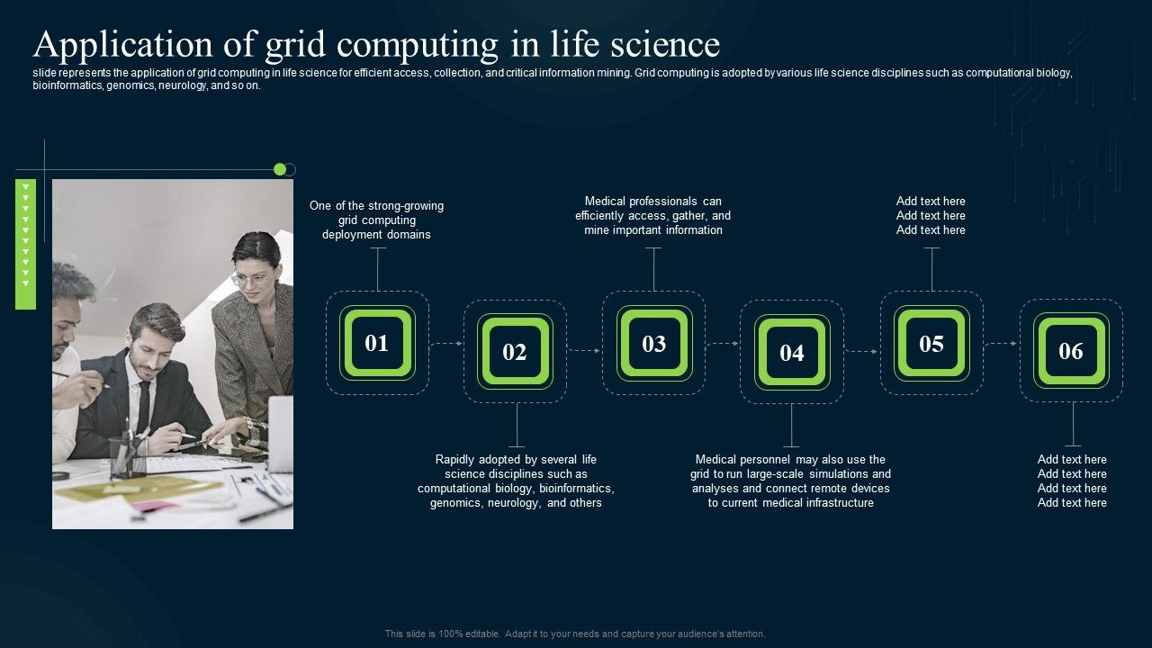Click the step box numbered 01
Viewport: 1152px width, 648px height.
point(377,343)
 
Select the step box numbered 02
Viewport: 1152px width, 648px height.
point(515,352)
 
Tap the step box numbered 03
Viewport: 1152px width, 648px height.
point(653,343)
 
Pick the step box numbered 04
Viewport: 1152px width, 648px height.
point(792,353)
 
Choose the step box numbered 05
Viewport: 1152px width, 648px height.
point(931,343)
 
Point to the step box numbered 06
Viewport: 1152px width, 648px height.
point(1071,351)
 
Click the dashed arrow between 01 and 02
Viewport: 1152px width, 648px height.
point(446,343)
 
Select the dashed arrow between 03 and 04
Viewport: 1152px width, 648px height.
point(723,343)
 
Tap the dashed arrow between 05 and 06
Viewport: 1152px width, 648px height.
point(1001,343)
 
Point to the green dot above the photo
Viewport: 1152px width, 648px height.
point(280,169)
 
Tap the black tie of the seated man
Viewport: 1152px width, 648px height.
point(143,405)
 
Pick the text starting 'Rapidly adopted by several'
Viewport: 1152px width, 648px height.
point(516,481)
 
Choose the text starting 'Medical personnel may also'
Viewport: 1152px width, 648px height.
point(790,481)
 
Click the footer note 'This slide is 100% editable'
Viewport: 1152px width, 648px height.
point(575,634)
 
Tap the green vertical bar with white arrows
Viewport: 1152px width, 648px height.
point(25,244)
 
